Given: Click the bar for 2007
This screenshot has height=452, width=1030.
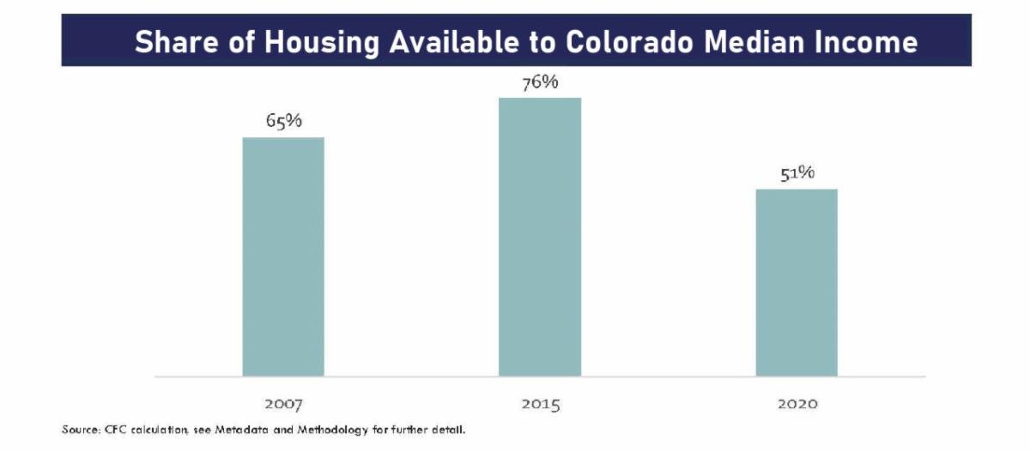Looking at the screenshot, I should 283,256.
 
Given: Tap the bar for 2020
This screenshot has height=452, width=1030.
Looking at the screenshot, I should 797,282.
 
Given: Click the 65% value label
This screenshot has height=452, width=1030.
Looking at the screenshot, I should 283,122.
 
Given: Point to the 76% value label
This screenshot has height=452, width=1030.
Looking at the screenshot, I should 541,82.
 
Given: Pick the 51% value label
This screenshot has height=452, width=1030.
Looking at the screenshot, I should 797,173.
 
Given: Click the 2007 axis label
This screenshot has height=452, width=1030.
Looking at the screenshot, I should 283,402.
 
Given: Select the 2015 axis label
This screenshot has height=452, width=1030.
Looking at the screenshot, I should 540,402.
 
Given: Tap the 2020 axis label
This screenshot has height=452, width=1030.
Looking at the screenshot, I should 797,402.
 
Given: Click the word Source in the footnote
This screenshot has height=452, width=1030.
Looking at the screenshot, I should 79,428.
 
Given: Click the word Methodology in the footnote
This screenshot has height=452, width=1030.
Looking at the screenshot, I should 327,428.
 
